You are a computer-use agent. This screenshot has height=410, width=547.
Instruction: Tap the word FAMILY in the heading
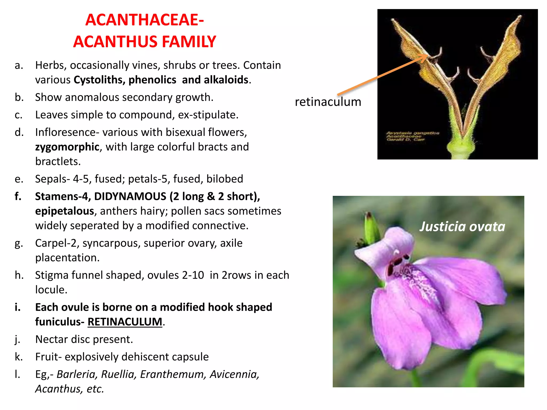point(189,42)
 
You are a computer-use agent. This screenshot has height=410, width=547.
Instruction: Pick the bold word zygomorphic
point(67,147)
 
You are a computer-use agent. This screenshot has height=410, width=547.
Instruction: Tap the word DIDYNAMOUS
point(130,196)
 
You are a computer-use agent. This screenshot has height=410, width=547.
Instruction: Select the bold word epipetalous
point(64,211)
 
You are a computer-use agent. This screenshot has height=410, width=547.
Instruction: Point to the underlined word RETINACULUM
point(125,322)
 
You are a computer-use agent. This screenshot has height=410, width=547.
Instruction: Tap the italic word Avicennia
point(234,374)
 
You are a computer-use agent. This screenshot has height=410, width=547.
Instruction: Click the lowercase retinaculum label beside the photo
point(328,102)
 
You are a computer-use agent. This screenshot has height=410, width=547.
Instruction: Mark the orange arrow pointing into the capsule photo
point(382,75)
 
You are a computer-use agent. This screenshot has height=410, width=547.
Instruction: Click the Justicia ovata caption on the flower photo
point(462,227)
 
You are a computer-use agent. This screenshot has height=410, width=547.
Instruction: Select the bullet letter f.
point(18,196)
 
